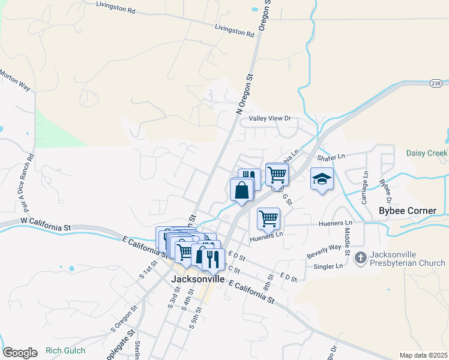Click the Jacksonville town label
pos(197,280)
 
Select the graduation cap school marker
pos(322,179)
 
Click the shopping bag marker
pos(241,191)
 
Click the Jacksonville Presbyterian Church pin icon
pos(360,258)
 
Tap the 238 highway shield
pos(437,83)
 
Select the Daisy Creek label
pos(427,154)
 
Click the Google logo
pos(19,352)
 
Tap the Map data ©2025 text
pos(423,355)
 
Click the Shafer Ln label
pos(331,157)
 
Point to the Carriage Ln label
pos(364,187)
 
